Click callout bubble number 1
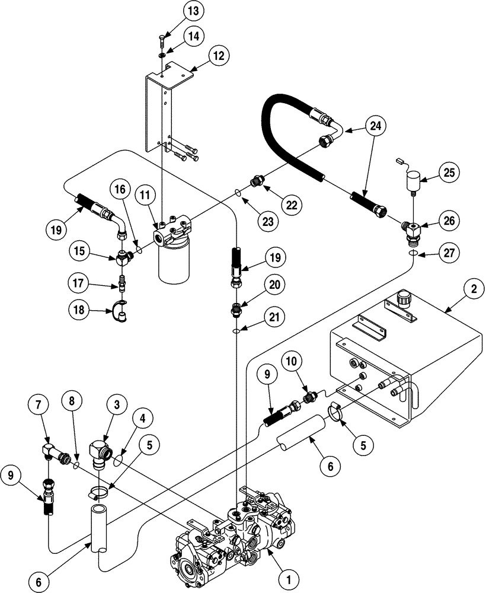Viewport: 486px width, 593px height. [x=289, y=575]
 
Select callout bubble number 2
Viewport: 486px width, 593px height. [x=474, y=289]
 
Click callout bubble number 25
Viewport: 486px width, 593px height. [x=448, y=172]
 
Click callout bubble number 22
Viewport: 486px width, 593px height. [x=290, y=205]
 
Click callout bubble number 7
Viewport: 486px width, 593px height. [x=39, y=406]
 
